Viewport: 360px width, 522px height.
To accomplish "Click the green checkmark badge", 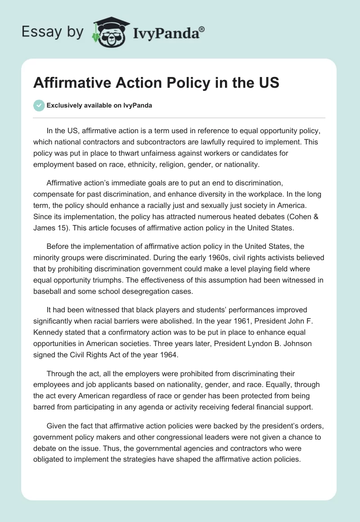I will [x=39, y=105].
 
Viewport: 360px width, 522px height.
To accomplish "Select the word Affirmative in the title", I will [x=70, y=84].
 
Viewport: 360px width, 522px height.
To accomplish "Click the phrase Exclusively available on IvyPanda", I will [x=99, y=106].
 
